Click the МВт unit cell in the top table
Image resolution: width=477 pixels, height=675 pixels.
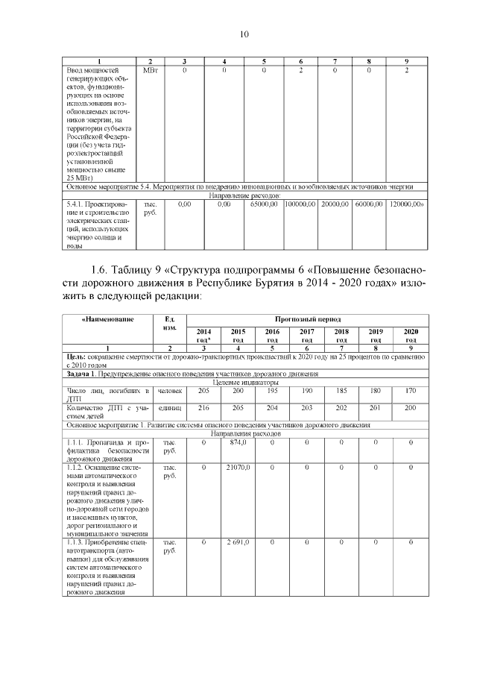tap(151, 69)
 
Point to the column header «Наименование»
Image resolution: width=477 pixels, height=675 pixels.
tap(108, 318)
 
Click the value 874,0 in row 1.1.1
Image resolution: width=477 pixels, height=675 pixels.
tap(238, 443)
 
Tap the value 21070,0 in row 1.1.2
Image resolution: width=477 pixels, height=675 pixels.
tap(238, 467)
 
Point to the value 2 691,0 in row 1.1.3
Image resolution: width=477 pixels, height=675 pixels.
tap(238, 542)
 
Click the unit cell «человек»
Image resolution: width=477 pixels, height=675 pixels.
tap(170, 391)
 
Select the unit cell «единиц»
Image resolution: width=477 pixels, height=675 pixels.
tap(170, 408)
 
